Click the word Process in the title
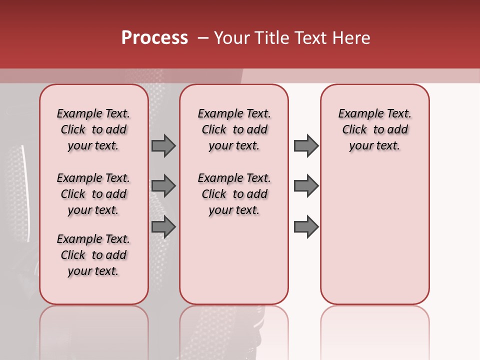click(154, 38)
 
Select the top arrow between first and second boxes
click(163, 145)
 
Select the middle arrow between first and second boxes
click(163, 186)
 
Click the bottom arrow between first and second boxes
click(163, 227)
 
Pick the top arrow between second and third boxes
click(306, 145)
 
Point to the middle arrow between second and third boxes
click(306, 186)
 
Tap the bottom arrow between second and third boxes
click(306, 227)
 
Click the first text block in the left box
click(93, 129)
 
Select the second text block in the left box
click(93, 194)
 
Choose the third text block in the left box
click(93, 255)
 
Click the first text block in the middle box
click(234, 129)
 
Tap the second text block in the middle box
click(234, 194)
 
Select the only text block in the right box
click(374, 129)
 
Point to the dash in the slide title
click(203, 38)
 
